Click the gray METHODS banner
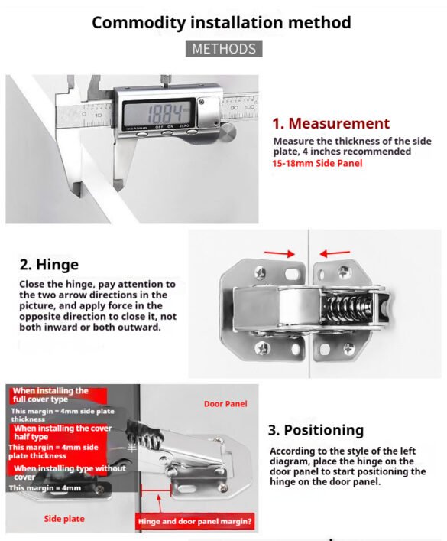coord(224,49)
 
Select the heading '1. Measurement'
coord(331,123)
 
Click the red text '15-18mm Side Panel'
coord(317,163)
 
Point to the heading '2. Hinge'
coord(49,265)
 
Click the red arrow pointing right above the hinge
coord(280,253)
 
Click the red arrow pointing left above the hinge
coord(335,253)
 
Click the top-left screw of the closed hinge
coord(261,274)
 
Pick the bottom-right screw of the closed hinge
coord(348,350)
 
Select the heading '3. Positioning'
coord(316,430)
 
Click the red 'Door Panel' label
coord(225,404)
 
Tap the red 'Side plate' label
coord(64,519)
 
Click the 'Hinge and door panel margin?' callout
coord(195,521)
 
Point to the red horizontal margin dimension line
coord(156,490)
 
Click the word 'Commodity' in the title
coord(139,23)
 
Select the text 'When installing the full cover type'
coord(50,395)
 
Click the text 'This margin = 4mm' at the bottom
coord(45,488)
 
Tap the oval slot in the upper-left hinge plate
coord(292,274)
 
